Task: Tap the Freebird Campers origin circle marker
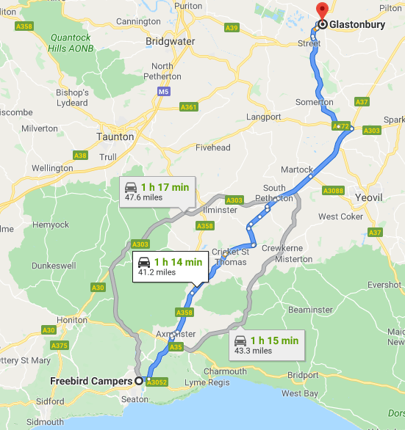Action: [x=138, y=381]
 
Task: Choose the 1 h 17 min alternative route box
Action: [x=157, y=192]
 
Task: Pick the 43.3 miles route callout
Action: [x=265, y=345]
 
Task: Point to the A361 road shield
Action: [x=188, y=107]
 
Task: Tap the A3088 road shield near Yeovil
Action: [x=333, y=191]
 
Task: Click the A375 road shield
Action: [x=60, y=346]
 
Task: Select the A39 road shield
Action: [x=232, y=28]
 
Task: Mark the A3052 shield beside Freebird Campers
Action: [x=156, y=382]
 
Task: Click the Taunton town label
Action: [x=115, y=136]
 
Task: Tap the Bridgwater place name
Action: [x=170, y=42]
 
